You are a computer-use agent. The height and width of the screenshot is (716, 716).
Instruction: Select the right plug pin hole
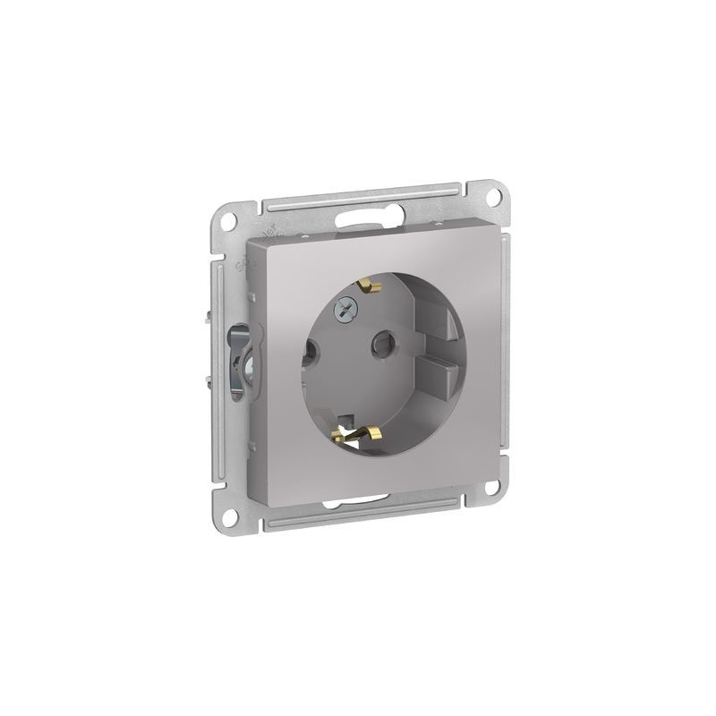pyautogui.click(x=381, y=340)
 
